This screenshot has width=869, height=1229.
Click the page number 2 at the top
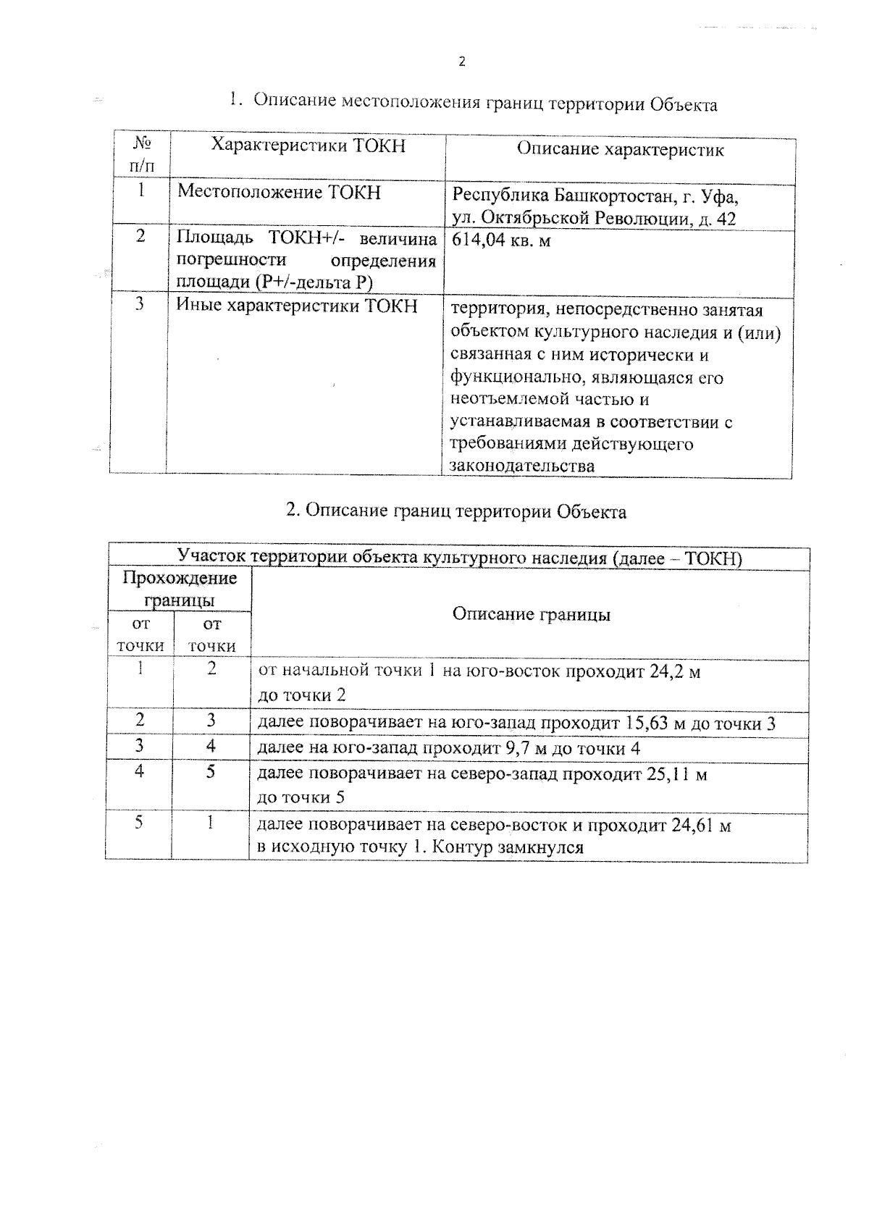click(462, 62)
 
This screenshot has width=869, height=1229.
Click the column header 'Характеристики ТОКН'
click(308, 146)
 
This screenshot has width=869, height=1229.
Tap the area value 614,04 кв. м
click(500, 240)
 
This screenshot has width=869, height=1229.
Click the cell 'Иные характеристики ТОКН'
click(297, 306)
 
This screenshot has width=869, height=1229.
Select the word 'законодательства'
click(522, 466)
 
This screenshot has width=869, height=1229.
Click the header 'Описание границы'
click(531, 614)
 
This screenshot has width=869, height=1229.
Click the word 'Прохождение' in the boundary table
click(180, 578)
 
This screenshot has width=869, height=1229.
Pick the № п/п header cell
click(143, 154)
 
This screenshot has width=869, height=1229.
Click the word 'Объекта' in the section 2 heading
click(592, 512)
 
